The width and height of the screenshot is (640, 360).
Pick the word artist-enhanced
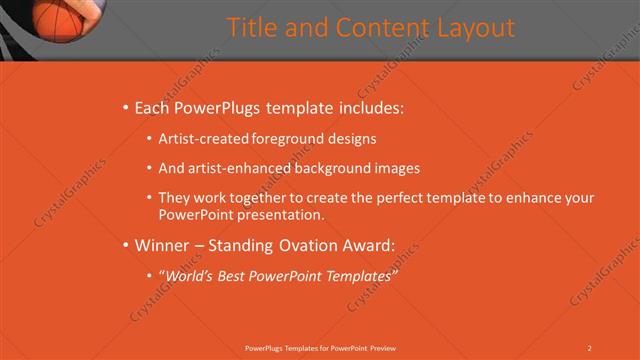coord(237,168)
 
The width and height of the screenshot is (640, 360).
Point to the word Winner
coord(160,244)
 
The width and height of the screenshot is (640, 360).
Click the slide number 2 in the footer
coord(590,347)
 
